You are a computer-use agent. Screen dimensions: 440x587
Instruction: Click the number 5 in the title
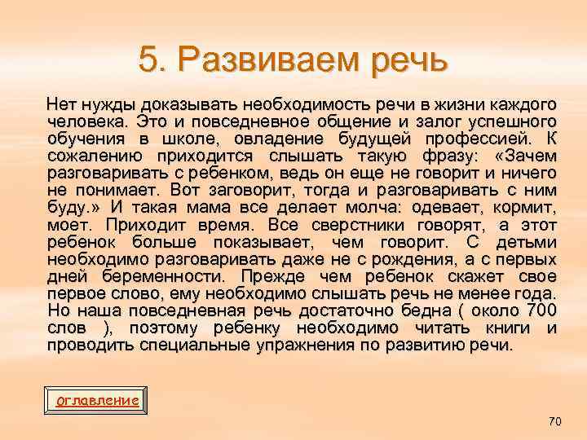tap(147, 59)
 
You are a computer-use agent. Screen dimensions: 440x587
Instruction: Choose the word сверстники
tap(356, 226)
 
